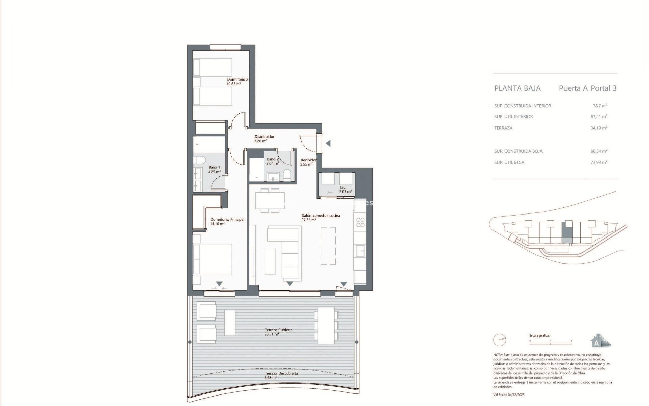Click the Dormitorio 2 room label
pyautogui.click(x=237, y=80)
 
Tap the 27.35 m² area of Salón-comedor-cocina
pyautogui.click(x=309, y=220)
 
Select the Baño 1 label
pyautogui.click(x=214, y=167)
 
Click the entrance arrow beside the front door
pyautogui.click(x=328, y=143)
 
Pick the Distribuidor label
pyautogui.click(x=264, y=137)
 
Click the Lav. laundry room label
pyautogui.click(x=343, y=187)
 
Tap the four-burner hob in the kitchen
pyautogui.click(x=360, y=222)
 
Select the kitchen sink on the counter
pyautogui.click(x=359, y=250)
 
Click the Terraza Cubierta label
pyautogui.click(x=279, y=330)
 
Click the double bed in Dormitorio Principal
pyautogui.click(x=212, y=259)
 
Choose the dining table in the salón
pyautogui.click(x=269, y=201)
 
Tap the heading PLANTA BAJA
pyautogui.click(x=517, y=88)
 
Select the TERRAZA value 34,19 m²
pyautogui.click(x=599, y=128)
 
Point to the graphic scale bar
pyautogui.click(x=550, y=344)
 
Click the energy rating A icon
pyautogui.click(x=600, y=341)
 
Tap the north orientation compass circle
pyautogui.click(x=499, y=340)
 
